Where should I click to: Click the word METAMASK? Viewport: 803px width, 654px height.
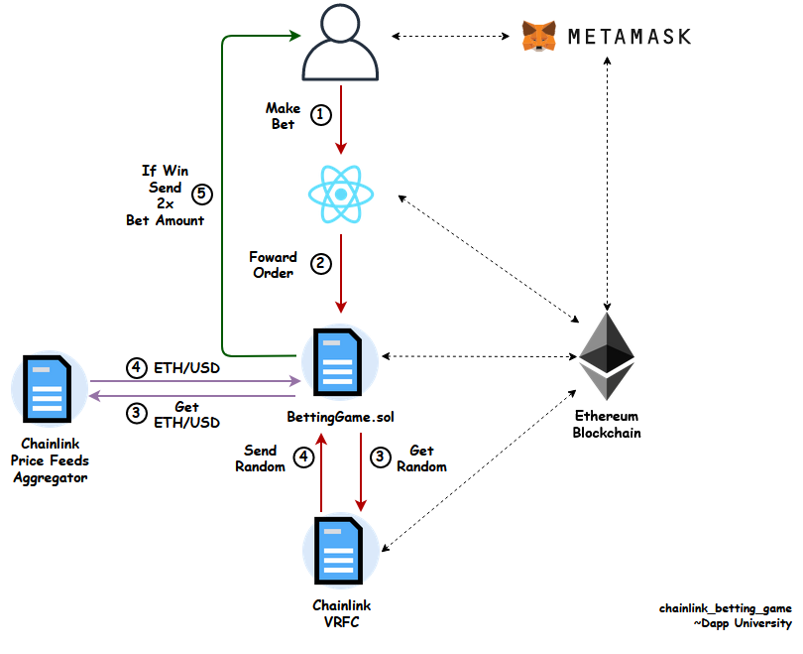pos(629,38)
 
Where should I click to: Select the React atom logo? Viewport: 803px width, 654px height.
pos(342,195)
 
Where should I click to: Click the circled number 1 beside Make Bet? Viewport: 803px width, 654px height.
pos(320,115)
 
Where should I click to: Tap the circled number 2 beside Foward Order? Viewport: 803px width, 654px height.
pos(320,264)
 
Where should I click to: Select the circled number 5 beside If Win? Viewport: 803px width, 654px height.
pos(202,194)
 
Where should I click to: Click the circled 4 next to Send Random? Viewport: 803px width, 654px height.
pos(303,458)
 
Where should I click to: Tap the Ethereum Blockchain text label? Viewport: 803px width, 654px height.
pos(607,425)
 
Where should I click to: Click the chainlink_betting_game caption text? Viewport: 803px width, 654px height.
pos(726,607)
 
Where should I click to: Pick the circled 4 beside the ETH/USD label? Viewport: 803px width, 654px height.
pos(136,367)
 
